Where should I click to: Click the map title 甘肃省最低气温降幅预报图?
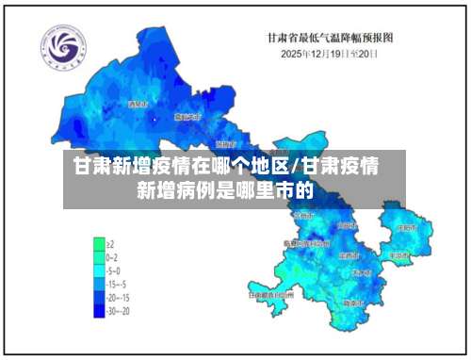[331, 37]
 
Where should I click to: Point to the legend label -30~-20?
[118, 309]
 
